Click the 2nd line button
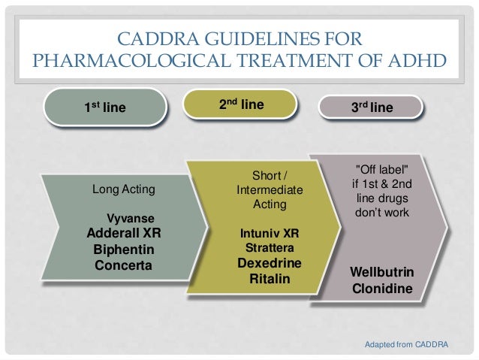(x=241, y=106)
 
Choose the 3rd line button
(x=373, y=108)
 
